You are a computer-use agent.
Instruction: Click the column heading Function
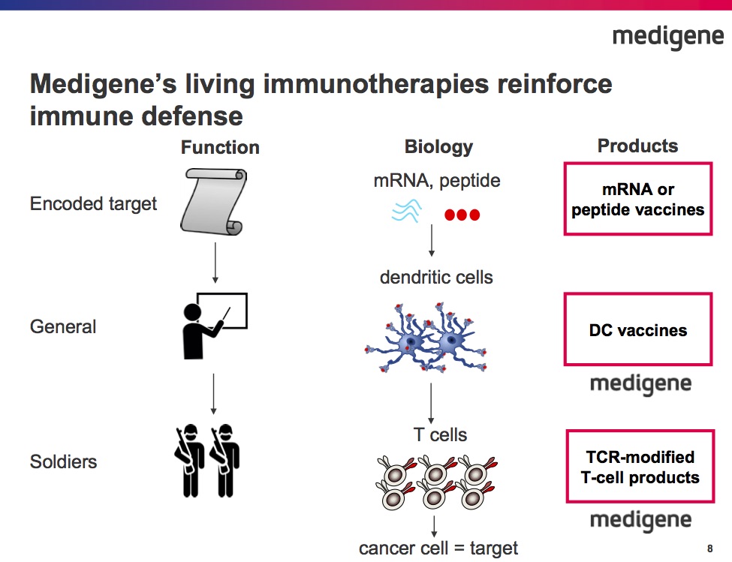(220, 148)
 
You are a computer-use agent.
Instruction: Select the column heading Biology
(438, 146)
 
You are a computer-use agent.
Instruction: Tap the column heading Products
(637, 146)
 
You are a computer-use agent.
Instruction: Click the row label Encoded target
(94, 203)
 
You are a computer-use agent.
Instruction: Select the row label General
(63, 327)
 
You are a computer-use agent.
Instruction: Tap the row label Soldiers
(64, 461)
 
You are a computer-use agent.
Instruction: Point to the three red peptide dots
(462, 215)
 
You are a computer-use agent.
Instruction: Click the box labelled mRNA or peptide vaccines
(637, 200)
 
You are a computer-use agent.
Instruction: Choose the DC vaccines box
(637, 329)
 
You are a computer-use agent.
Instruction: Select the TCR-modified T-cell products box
(640, 467)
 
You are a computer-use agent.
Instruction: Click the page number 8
(709, 546)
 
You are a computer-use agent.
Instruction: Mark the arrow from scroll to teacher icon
(215, 262)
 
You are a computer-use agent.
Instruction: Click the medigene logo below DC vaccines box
(640, 384)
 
